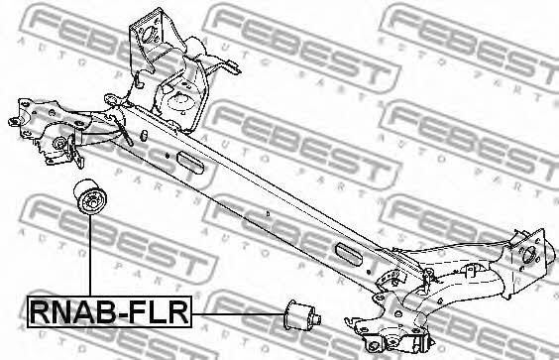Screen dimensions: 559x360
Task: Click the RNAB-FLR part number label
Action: coord(109,311)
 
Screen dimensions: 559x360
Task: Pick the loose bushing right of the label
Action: coord(302,315)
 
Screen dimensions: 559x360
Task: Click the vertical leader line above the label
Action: coord(90,256)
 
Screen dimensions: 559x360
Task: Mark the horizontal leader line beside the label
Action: coord(238,314)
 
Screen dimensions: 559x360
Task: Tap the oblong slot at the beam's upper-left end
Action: coord(190,163)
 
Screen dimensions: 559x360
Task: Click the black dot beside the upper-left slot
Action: coord(167,155)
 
